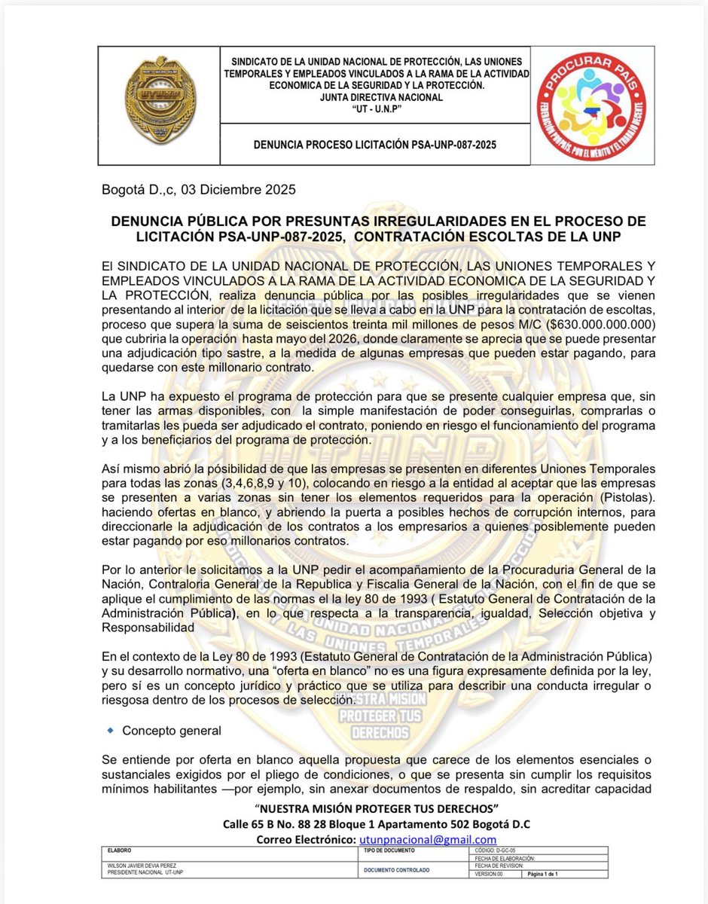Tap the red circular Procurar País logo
[591, 107]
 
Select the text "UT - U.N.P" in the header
[377, 108]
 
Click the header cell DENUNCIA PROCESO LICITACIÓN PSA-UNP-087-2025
[377, 143]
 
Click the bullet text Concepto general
[172, 731]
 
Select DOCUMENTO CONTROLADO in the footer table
[396, 869]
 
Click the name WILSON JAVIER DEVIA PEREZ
[139, 866]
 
